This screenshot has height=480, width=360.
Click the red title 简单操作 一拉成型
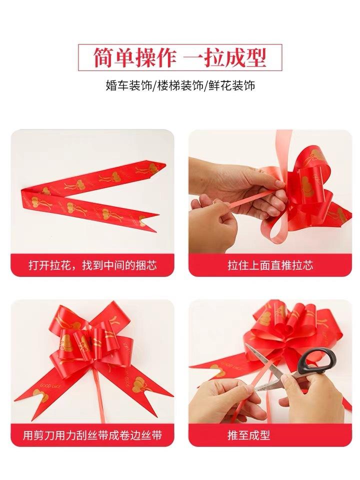(x=180, y=57)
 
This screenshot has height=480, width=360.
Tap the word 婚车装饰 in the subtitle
(x=129, y=85)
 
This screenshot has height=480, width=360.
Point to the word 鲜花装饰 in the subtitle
(x=230, y=85)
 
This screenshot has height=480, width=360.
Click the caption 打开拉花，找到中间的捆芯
(x=92, y=264)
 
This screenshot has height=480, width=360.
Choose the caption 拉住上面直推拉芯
(x=270, y=264)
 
